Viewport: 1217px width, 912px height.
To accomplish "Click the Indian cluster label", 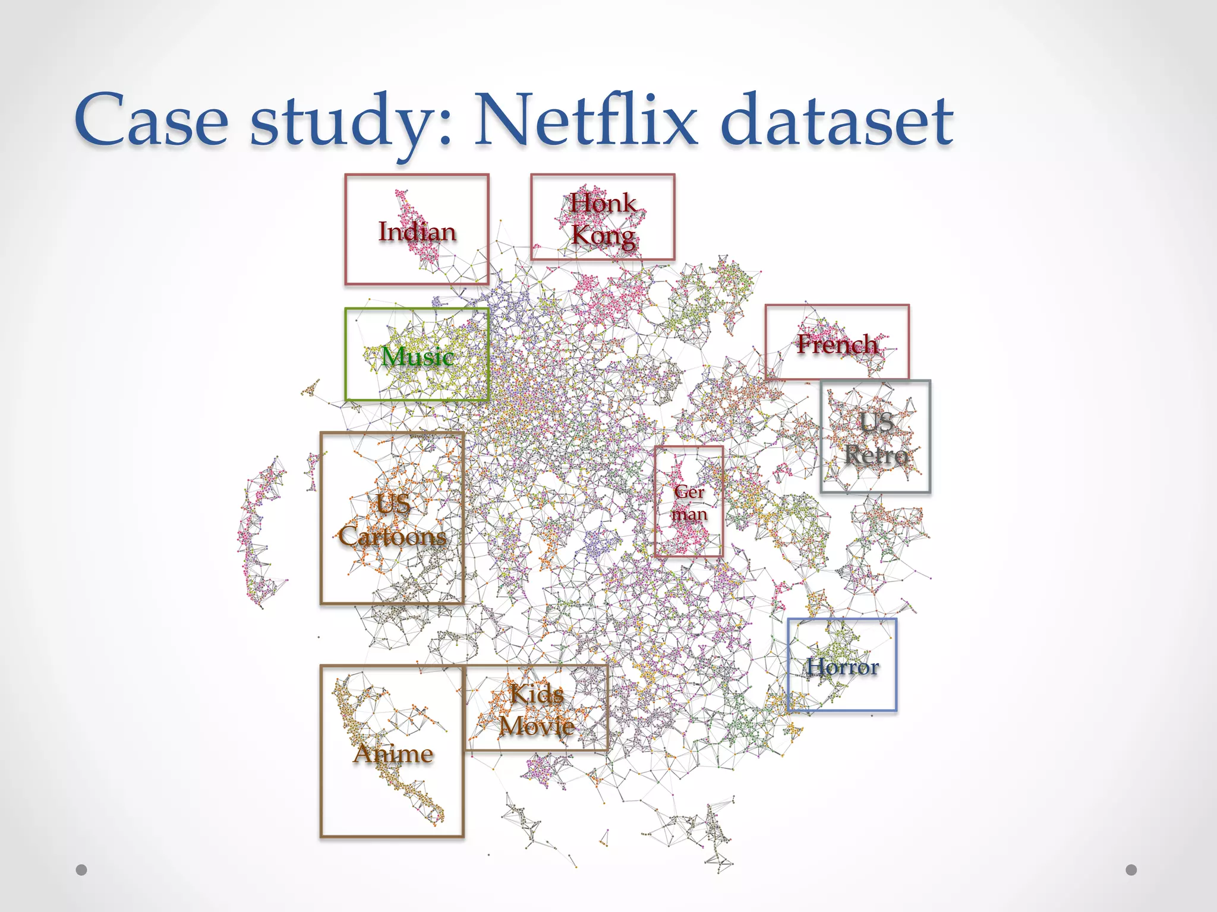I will point(417,232).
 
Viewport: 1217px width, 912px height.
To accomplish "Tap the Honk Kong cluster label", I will point(603,219).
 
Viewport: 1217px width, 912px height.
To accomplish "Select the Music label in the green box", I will point(417,356).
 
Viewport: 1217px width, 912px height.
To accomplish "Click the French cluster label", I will point(837,344).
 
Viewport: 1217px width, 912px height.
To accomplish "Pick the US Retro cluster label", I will point(877,439).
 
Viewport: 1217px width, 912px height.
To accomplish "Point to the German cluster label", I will point(689,502).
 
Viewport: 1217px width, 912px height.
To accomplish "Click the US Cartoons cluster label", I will point(392,520).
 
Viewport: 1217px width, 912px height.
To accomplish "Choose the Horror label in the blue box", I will point(842,667).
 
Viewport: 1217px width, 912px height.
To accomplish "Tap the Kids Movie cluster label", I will point(537,710).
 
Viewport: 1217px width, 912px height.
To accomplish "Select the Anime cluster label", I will point(393,753).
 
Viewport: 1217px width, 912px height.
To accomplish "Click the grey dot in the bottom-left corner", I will point(81,870).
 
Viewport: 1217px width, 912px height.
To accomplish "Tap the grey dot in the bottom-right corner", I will point(1131,870).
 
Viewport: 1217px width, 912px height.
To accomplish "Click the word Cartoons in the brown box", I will point(392,536).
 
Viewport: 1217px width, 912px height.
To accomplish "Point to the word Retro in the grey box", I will point(877,455).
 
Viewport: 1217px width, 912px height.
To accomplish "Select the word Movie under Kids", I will point(537,726).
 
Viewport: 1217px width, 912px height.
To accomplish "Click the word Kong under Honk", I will point(603,235).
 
